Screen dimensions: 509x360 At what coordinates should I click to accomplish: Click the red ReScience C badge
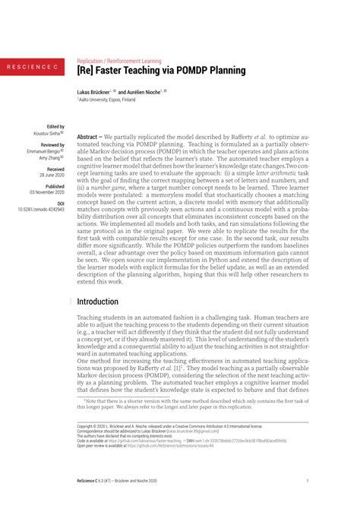pos(32,68)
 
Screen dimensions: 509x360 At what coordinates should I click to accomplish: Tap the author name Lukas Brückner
pos(99,90)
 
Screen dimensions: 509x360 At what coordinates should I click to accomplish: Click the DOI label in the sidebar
pos(61,203)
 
